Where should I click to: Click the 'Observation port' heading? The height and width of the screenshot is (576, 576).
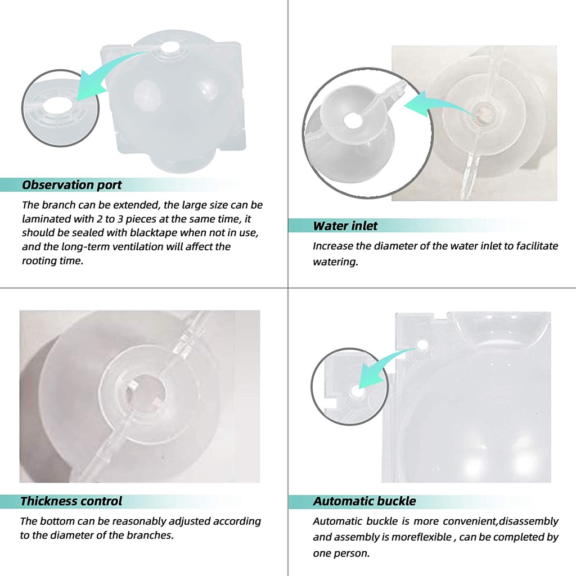point(71,184)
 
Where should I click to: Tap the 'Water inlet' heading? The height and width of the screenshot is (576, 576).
point(345,226)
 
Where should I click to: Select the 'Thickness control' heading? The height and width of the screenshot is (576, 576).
point(71,501)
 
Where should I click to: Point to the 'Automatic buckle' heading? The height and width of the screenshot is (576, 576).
point(364,501)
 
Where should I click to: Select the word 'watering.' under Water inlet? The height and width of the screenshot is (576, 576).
point(335,262)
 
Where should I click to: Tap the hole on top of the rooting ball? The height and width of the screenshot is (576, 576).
point(169,48)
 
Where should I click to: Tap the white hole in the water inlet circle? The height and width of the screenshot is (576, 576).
point(353,120)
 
